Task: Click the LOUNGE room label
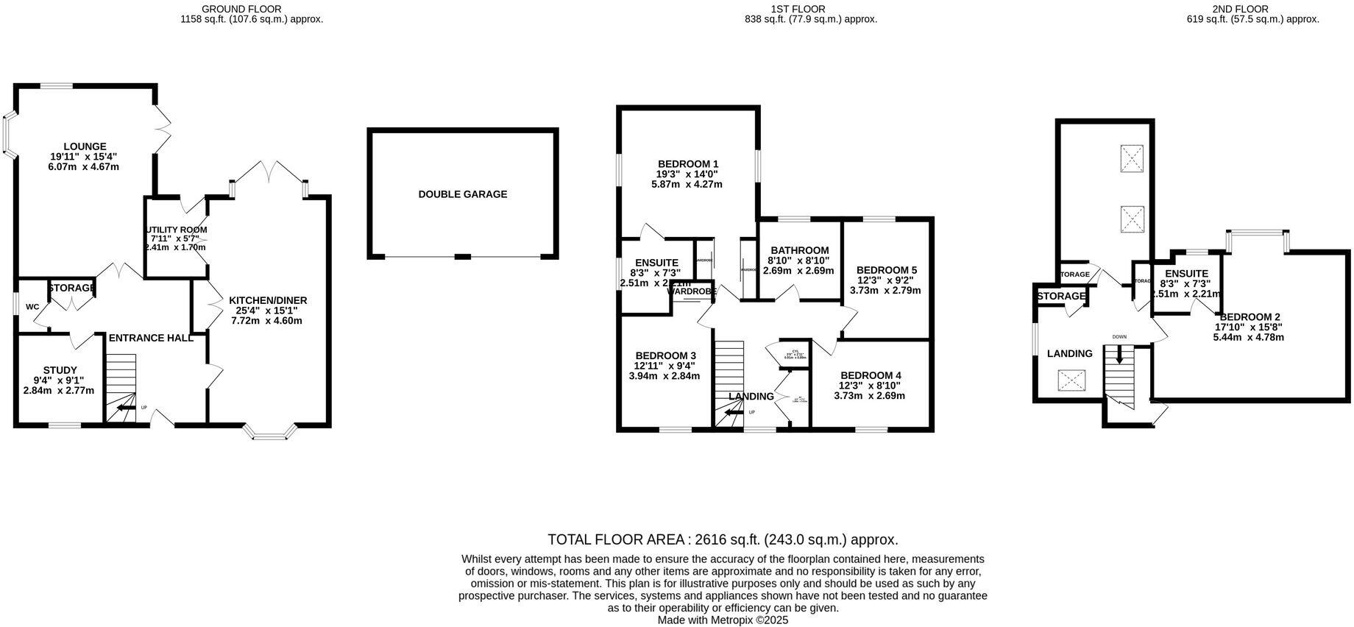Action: coord(85,146)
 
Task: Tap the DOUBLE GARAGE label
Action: coord(463,194)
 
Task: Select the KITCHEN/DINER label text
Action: coord(268,300)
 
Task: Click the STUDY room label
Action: coord(60,370)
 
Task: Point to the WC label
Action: coord(32,307)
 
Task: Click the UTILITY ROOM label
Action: coord(177,230)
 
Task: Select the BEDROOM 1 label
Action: coord(688,163)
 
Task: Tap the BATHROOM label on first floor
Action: coord(799,250)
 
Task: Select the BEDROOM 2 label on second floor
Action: coord(1250,317)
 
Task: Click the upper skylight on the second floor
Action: coord(1132,158)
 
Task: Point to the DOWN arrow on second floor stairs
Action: coord(1120,355)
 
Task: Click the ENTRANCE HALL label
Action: coord(151,339)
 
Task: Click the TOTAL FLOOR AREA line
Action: coord(723,539)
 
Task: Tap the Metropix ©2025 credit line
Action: coord(723,620)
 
